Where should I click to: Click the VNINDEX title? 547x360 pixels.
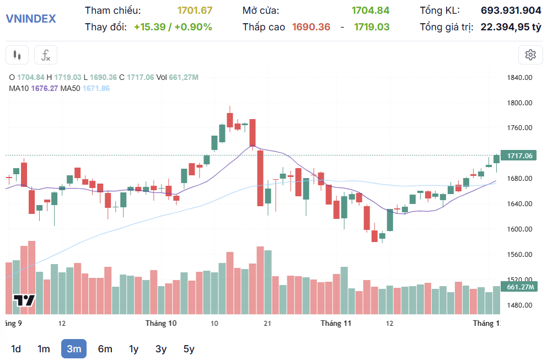(31, 18)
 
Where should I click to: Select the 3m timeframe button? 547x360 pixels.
(74, 348)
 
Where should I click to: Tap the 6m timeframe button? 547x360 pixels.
(105, 348)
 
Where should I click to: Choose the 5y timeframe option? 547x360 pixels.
(189, 348)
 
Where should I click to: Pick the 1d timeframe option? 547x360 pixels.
(16, 348)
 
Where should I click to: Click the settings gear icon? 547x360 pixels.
(530, 55)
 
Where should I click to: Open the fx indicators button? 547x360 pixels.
(46, 55)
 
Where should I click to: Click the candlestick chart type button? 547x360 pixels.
(17, 55)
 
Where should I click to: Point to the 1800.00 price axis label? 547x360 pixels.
(519, 103)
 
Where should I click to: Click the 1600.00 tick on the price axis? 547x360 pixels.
(519, 229)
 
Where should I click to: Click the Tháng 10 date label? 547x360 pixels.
(161, 323)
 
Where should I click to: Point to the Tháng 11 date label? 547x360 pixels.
(336, 323)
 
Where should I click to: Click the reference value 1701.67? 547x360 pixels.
(195, 10)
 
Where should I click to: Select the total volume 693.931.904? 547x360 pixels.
(511, 10)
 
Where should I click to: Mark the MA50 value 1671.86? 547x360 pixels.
(96, 88)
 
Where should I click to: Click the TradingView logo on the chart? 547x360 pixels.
(24, 300)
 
